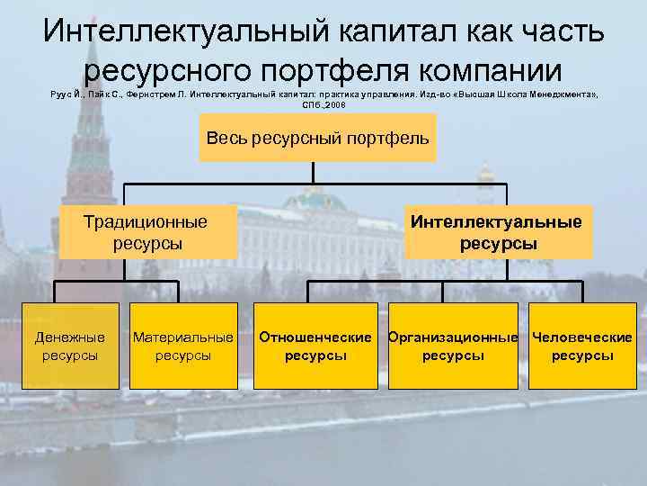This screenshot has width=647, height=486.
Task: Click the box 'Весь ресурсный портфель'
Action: point(317,139)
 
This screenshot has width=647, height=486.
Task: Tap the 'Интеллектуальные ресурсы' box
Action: point(498,232)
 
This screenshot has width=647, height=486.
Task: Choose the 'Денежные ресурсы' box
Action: point(69,346)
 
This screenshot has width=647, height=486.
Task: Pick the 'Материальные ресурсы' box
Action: point(182,346)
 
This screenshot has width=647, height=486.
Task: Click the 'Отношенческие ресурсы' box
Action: point(315,346)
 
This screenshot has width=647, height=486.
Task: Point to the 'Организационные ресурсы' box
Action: point(453,346)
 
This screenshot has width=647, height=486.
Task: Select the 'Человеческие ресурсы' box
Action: point(582,346)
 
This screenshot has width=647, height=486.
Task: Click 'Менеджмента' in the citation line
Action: point(563,93)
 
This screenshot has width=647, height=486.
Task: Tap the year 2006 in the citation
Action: point(334,104)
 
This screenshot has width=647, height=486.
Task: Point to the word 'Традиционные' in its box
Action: point(145,221)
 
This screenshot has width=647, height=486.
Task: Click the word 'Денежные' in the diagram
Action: point(69,337)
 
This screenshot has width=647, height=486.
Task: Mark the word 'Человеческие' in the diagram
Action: point(582,337)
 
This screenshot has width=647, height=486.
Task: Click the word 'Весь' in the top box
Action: point(226,139)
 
